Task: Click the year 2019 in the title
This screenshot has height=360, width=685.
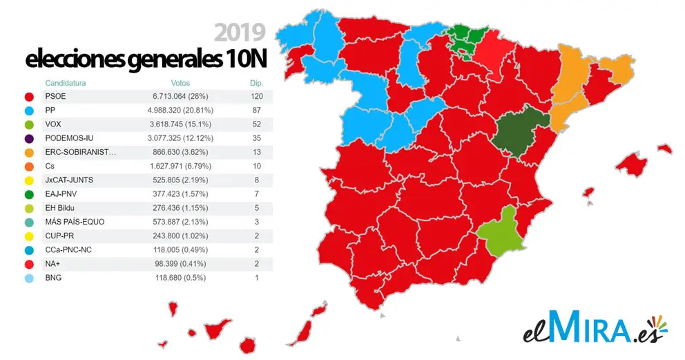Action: [x=240, y=32]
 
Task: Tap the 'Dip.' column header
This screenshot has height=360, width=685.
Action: [x=257, y=83]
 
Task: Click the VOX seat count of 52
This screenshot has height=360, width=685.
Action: [x=257, y=125]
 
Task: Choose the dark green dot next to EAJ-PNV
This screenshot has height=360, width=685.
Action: [x=28, y=194]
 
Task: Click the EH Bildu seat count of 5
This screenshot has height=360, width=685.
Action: [x=257, y=208]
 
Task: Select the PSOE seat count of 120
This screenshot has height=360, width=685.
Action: [x=257, y=96]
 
